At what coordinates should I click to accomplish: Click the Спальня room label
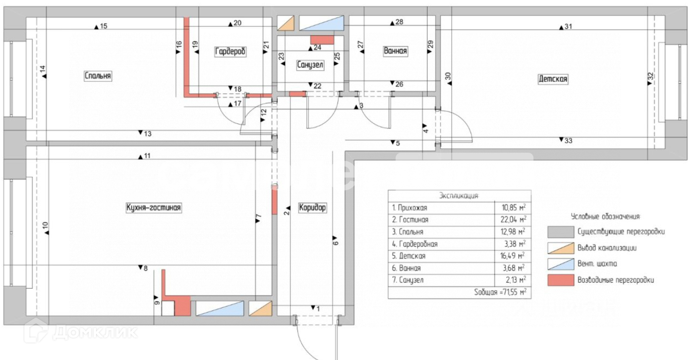[x=98, y=76]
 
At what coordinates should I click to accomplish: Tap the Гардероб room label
[x=230, y=51]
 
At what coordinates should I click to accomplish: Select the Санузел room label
[x=310, y=65]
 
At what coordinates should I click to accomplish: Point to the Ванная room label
[x=395, y=51]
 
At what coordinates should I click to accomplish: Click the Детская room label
[x=553, y=79]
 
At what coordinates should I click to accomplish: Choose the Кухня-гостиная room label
[x=154, y=208]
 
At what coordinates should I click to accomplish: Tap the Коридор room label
[x=312, y=208]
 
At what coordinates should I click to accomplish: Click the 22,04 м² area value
[x=513, y=220]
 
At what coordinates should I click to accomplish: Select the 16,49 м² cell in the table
[x=513, y=256]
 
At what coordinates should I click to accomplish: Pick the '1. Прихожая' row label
[x=409, y=208]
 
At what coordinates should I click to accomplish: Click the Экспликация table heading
[x=459, y=196]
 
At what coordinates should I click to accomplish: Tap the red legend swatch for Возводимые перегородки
[x=561, y=280]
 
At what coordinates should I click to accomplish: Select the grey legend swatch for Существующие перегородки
[x=561, y=232]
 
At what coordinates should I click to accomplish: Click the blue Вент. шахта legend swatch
[x=561, y=264]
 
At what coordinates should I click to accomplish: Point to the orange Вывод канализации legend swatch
[x=561, y=248]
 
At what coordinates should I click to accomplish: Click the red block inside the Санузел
[x=322, y=40]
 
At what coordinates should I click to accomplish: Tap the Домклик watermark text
[x=95, y=332]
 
